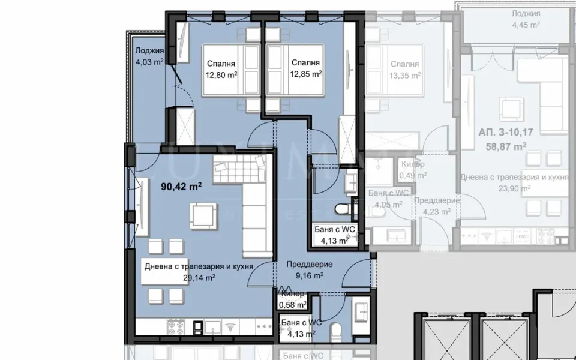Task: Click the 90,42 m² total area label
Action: (x=181, y=187)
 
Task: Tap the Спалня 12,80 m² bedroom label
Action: (x=221, y=69)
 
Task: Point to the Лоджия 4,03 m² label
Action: (x=149, y=56)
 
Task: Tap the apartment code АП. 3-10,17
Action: (x=502, y=132)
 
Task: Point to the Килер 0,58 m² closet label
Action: (x=293, y=299)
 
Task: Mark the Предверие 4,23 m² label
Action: (x=436, y=206)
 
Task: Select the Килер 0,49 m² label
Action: (x=413, y=170)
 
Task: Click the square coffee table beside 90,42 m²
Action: (x=202, y=214)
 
